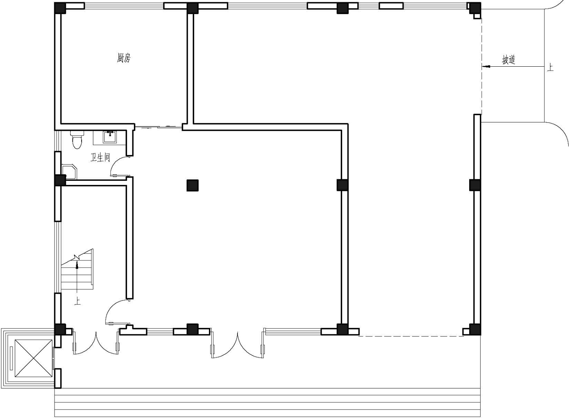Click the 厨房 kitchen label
(124, 58)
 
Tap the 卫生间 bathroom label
(101, 158)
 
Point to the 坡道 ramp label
(508, 60)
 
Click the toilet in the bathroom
(77, 139)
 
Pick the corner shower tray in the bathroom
(69, 172)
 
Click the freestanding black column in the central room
(193, 185)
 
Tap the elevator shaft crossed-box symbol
(33, 359)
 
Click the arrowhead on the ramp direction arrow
(486, 67)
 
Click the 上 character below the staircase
(77, 301)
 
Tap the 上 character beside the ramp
(550, 67)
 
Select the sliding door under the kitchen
(158, 127)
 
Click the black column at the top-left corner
(60, 8)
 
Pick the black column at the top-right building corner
(475, 8)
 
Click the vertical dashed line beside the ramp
(481, 66)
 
